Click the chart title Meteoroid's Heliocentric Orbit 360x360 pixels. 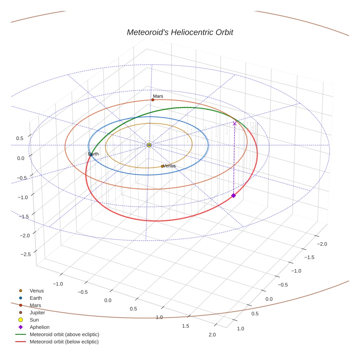(x=180, y=32)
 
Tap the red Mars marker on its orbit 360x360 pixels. (x=153, y=100)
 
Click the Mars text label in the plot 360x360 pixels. (x=158, y=96)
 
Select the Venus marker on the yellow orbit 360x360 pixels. (x=162, y=166)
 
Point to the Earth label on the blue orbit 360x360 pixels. (x=94, y=154)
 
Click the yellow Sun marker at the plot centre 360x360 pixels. (x=149, y=145)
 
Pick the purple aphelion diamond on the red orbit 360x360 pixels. (x=233, y=196)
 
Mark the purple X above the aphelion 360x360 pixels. (x=235, y=124)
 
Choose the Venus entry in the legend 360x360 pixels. (x=37, y=291)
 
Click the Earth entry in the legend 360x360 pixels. (x=36, y=298)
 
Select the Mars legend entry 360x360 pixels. (x=35, y=305)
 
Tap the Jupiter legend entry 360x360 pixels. (x=37, y=312)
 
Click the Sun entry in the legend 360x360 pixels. (x=34, y=320)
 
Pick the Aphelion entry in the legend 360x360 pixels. (x=40, y=327)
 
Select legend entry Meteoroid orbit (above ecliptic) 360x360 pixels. (x=64, y=334)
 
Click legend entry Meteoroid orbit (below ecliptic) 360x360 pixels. (x=64, y=342)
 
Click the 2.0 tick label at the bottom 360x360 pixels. (x=212, y=334)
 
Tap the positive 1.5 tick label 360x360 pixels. (x=186, y=326)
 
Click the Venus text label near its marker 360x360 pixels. (x=169, y=166)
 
